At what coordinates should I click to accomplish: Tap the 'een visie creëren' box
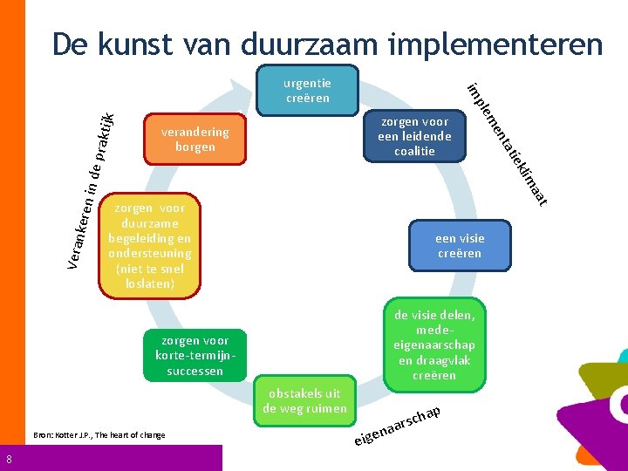click(x=460, y=246)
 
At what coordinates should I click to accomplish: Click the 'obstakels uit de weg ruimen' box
click(x=304, y=401)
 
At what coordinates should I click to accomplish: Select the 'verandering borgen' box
click(x=195, y=140)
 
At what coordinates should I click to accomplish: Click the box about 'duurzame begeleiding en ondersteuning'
click(x=150, y=246)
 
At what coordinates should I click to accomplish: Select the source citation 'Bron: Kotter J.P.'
click(x=99, y=434)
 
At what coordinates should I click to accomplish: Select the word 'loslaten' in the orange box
click(x=149, y=284)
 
